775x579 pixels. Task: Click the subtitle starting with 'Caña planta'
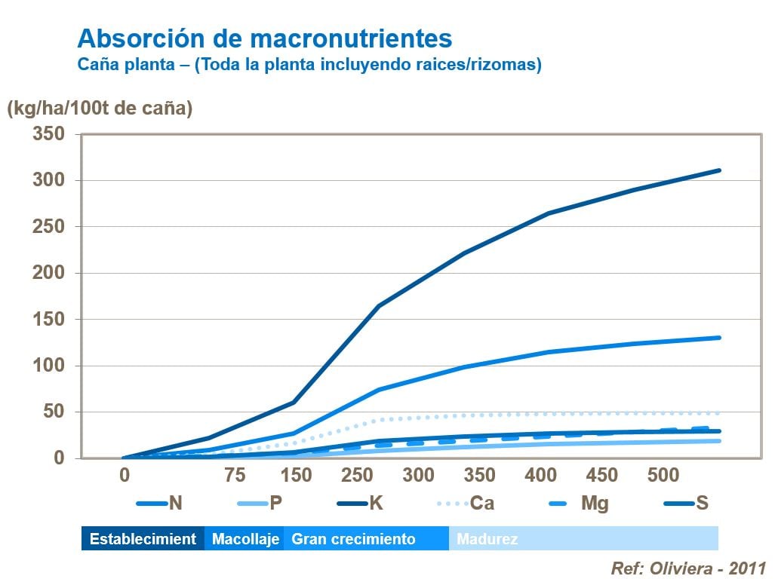(x=309, y=65)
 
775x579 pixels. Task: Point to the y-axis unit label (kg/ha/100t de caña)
(x=100, y=109)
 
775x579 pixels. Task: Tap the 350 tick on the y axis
(x=48, y=134)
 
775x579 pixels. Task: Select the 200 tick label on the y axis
(x=48, y=273)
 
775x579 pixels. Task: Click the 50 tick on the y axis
(x=54, y=412)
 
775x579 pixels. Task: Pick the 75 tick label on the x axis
(x=235, y=476)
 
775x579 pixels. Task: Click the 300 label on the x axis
(x=418, y=476)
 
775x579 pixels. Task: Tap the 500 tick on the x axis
(x=664, y=476)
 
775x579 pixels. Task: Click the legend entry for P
(x=260, y=503)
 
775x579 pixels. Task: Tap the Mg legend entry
(x=577, y=503)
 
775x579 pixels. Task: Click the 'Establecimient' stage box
(x=143, y=539)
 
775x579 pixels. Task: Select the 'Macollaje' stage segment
(x=245, y=539)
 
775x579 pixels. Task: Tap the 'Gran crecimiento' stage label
(x=353, y=539)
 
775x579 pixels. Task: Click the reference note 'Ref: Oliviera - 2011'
(x=688, y=567)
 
